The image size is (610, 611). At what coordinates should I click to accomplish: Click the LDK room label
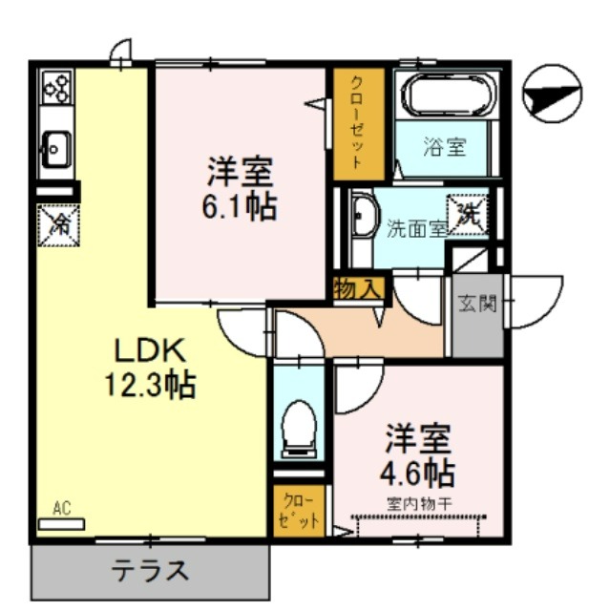pos(149,350)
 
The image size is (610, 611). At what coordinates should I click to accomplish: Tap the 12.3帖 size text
pos(150,385)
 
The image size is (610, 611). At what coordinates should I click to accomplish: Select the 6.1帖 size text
pos(240,206)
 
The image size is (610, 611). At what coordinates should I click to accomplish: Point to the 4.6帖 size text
pos(417,473)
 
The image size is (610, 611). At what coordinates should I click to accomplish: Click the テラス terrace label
pos(150,571)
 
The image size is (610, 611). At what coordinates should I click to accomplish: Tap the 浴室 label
pos(445,147)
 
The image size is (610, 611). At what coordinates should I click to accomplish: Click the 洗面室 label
pos(416,229)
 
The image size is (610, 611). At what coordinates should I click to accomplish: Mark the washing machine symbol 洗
pos(468,215)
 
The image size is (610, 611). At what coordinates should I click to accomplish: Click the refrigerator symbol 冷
pos(59,225)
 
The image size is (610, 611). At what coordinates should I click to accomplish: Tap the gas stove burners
pos(57,87)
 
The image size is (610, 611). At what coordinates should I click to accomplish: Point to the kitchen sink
pos(56,150)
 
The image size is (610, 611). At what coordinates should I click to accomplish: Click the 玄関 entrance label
pos(477,304)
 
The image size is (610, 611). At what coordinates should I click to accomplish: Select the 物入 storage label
pos(358,288)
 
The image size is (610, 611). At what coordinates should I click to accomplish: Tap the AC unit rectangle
pos(61,524)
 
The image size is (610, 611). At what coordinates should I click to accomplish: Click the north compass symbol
pos(552,94)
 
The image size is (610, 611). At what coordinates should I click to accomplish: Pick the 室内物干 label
pos(419,505)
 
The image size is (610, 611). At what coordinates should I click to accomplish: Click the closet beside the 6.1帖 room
pos(358,124)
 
